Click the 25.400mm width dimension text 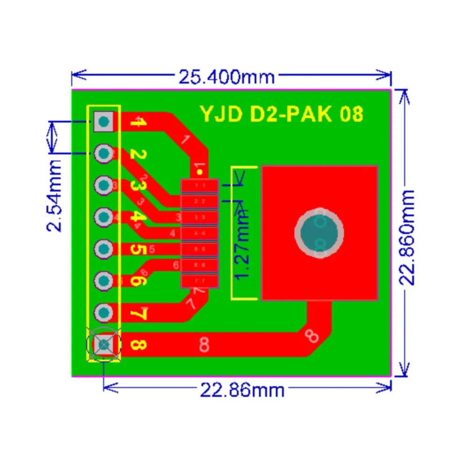coord(227,76)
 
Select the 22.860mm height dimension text coord(407,237)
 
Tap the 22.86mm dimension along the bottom coord(242,389)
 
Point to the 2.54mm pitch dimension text coord(55,196)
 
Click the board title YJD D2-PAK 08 coord(282,114)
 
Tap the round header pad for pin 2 coord(103,153)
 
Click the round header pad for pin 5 coord(103,249)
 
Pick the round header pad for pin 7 coord(103,312)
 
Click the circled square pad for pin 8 coord(103,345)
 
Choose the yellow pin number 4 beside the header coord(138,217)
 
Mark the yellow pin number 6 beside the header coord(138,281)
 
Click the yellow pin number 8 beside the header coord(138,345)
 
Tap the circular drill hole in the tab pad coord(319,233)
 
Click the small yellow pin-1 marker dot coord(200,173)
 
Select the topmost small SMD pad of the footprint coord(200,186)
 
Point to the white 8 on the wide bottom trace coord(204,344)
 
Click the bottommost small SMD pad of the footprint coord(200,281)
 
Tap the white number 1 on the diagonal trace coord(185,139)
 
